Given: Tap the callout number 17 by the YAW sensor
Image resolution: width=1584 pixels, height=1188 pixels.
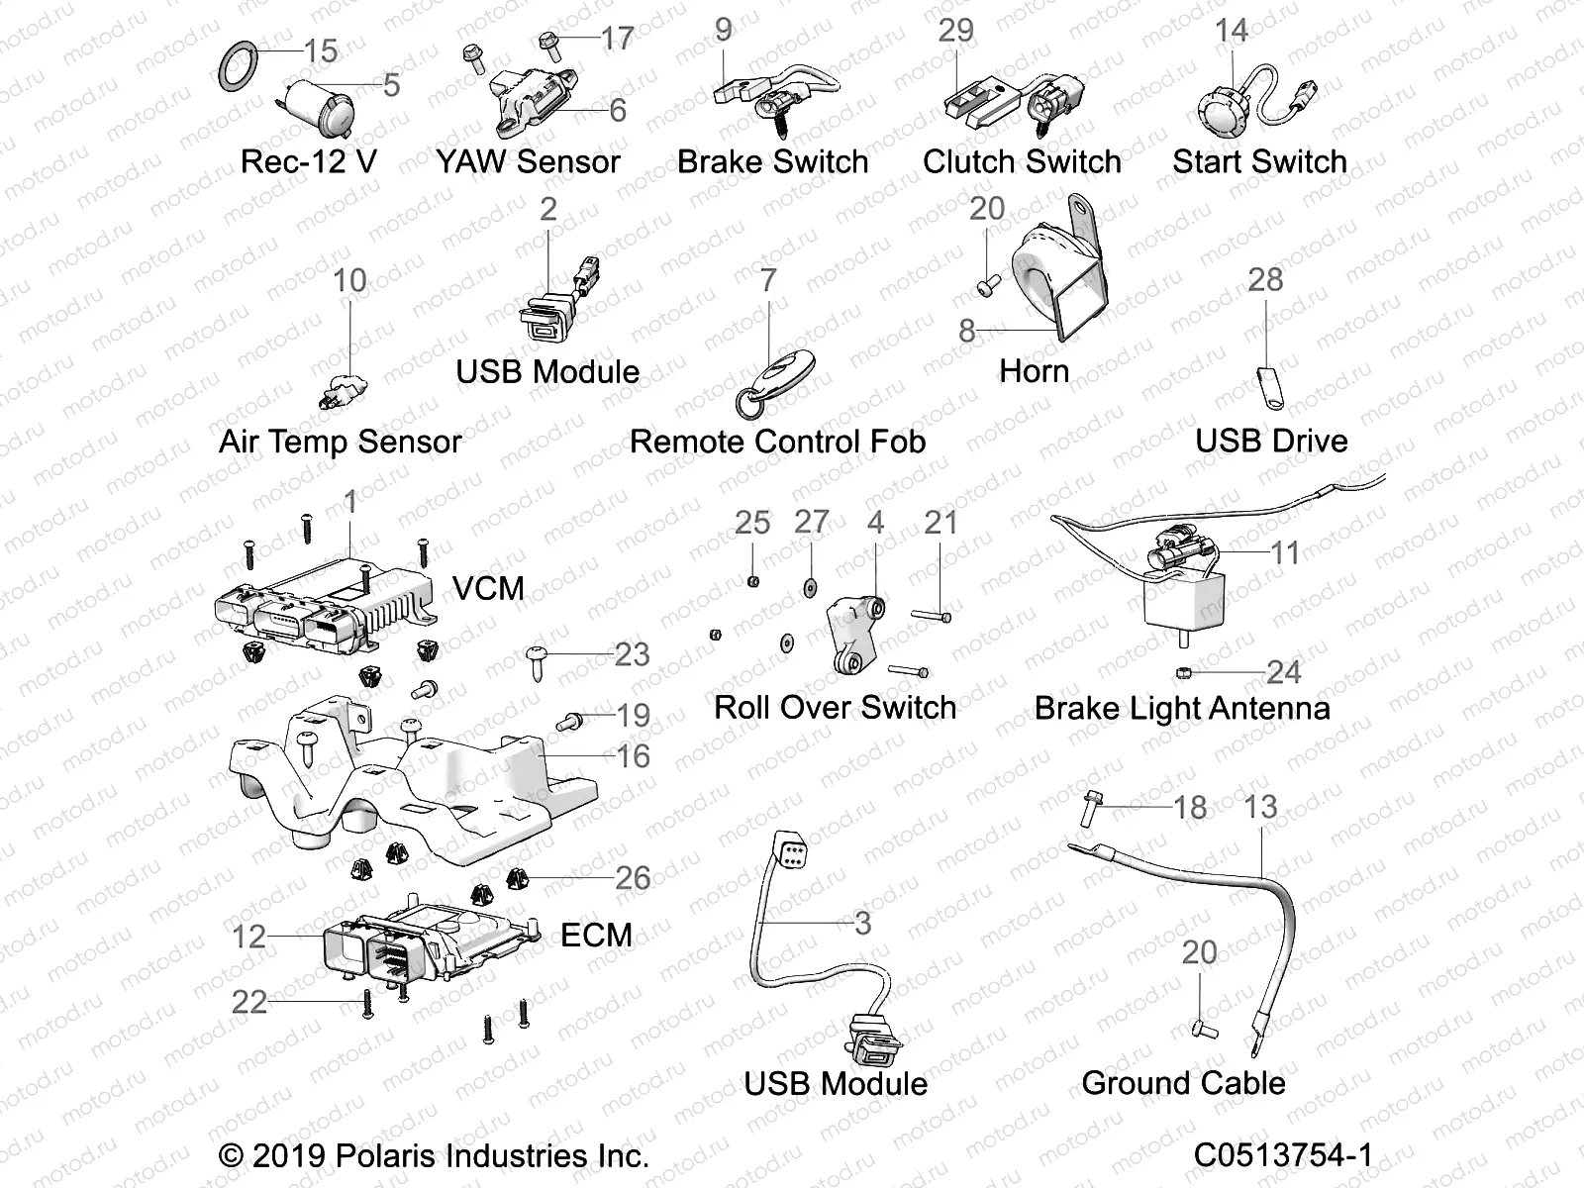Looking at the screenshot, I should [x=617, y=39].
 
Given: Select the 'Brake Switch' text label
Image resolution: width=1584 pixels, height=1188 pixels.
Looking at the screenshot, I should [x=772, y=162].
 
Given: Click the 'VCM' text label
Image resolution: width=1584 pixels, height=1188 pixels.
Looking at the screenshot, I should [x=488, y=588].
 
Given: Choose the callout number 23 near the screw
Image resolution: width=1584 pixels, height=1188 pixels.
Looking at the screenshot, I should [x=632, y=654].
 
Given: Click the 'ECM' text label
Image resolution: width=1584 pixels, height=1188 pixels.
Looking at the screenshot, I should [x=596, y=935].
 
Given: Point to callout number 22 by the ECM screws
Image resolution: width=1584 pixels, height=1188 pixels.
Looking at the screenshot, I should [x=249, y=1002].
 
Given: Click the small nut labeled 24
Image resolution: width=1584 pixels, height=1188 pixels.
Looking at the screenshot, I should [x=1184, y=673].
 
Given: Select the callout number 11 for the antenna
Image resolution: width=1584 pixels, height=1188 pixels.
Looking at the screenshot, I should [x=1285, y=552].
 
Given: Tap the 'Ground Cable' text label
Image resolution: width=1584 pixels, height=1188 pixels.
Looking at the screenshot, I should [x=1183, y=1083].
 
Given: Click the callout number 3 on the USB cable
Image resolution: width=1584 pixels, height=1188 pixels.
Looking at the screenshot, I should [x=862, y=923].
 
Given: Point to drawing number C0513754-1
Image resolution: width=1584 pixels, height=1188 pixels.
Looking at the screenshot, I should [x=1283, y=1155].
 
